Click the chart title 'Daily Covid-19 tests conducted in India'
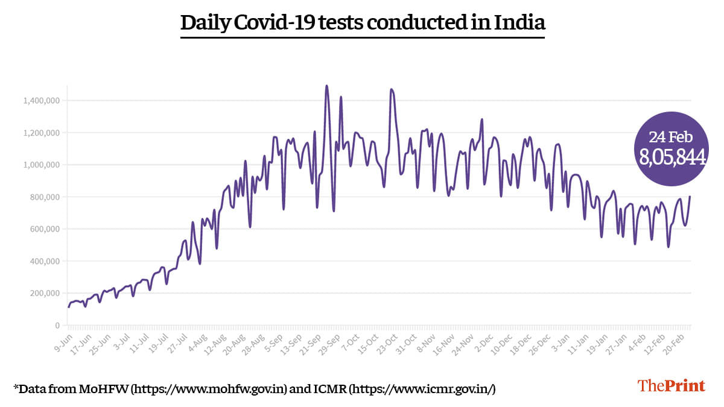363,23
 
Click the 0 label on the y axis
57,326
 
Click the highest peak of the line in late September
327,86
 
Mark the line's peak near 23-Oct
392,89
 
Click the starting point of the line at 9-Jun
69,307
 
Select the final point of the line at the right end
690,197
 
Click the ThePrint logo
672,385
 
